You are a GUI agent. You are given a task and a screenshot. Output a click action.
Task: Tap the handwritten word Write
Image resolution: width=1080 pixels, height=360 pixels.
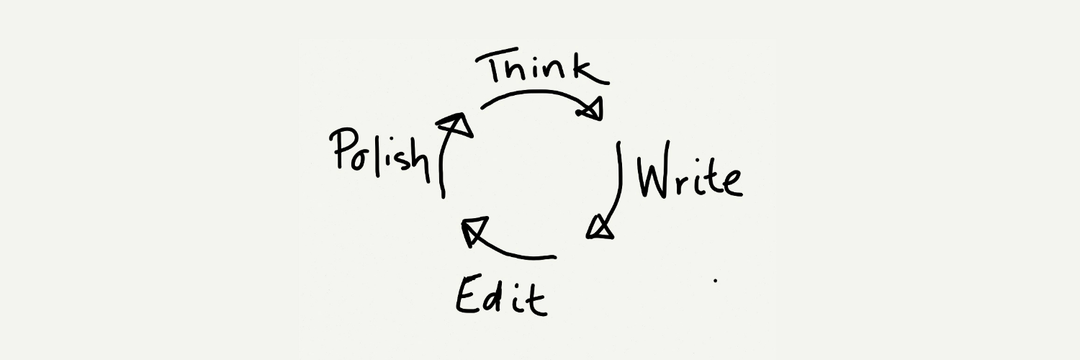pos(690,170)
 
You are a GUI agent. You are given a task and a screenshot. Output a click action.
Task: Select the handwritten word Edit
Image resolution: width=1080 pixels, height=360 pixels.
pos(501,295)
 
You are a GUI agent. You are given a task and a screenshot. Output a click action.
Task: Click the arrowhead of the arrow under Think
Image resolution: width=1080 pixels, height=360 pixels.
pos(592,109)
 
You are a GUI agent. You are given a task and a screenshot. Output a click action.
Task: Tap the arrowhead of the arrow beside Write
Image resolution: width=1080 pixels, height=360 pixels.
pos(600,228)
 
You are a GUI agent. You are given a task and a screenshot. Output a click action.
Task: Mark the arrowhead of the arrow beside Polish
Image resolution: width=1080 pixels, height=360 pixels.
pos(456,125)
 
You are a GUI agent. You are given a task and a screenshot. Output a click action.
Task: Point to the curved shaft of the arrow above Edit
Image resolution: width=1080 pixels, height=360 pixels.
pos(511,252)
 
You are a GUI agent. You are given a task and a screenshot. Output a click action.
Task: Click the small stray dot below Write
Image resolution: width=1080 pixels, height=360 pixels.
pos(716,279)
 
